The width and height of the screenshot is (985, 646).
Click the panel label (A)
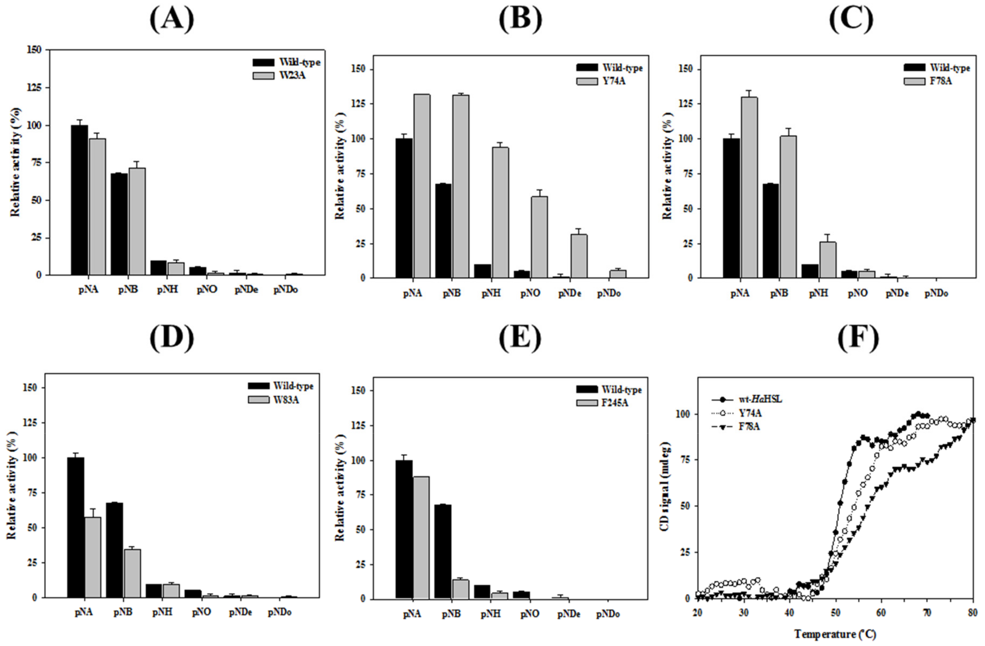[x=172, y=19]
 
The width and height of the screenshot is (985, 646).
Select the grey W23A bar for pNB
[x=137, y=221]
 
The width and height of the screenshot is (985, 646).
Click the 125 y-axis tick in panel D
[x=31, y=423]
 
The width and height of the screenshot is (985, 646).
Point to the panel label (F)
[x=857, y=338]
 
